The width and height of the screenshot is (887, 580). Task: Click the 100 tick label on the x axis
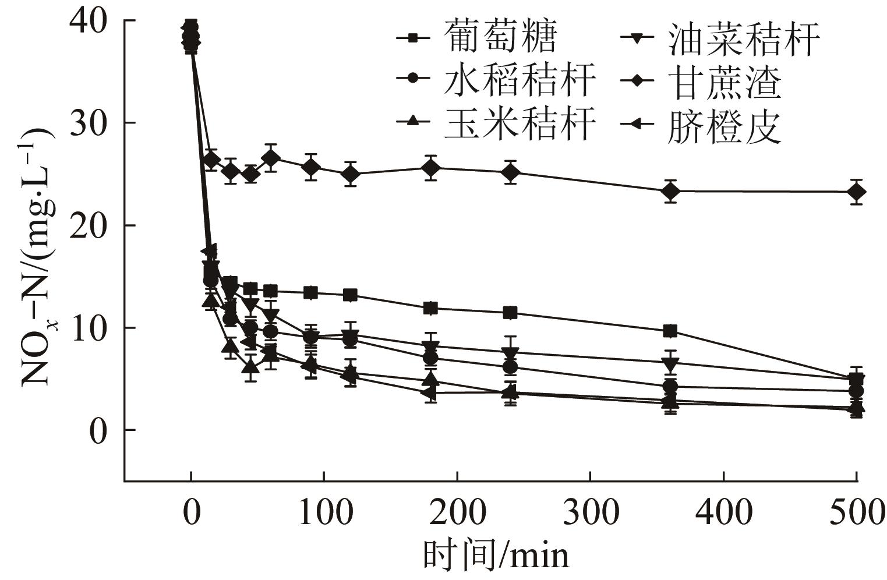tap(324, 514)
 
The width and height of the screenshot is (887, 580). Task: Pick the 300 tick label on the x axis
tap(591, 514)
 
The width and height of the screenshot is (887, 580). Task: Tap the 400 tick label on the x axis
tap(724, 514)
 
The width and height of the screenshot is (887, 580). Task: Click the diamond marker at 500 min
tap(856, 192)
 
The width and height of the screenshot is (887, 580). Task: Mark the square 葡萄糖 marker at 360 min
tap(670, 331)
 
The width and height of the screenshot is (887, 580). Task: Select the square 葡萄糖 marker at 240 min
tap(510, 313)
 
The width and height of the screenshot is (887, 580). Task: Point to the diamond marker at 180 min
tap(430, 168)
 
